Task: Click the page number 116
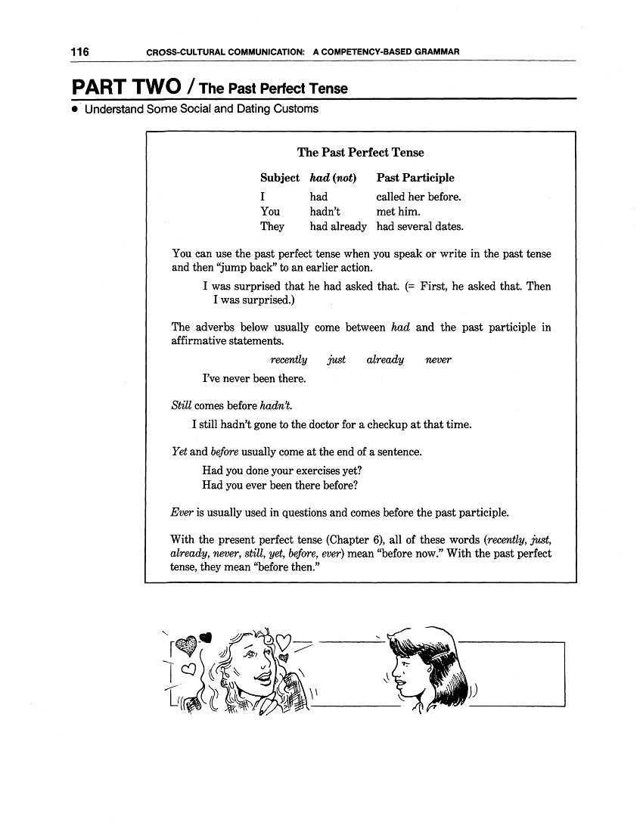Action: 80,52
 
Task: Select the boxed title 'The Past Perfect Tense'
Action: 360,152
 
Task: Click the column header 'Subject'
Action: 279,178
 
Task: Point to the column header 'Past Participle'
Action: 415,178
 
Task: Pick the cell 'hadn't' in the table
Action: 325,212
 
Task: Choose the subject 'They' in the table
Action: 272,226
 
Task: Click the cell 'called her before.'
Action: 418,197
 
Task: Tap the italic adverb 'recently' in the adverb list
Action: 289,360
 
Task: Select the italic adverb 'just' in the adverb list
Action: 336,360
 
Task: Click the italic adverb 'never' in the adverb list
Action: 438,360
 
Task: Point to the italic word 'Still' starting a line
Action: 181,405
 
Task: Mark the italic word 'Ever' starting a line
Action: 182,512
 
